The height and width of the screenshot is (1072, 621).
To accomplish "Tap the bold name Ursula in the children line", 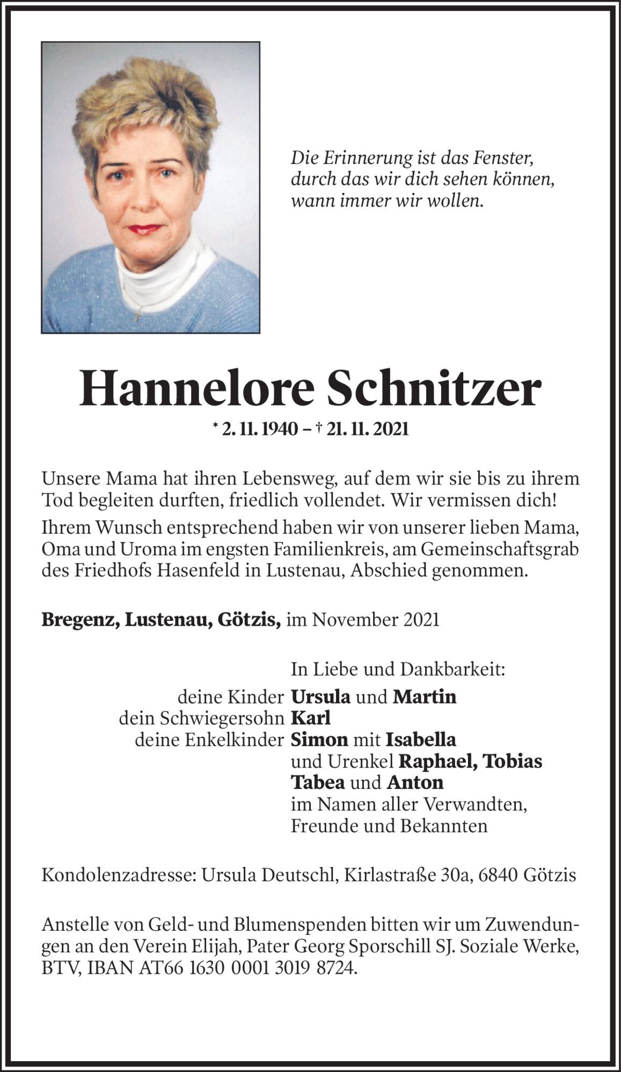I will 320,697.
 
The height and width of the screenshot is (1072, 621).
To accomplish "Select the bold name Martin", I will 425,697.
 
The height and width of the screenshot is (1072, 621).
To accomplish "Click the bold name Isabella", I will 421,740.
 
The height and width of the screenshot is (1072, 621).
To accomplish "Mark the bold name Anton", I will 415,783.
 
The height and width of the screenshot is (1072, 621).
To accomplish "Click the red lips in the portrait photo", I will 145,229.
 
